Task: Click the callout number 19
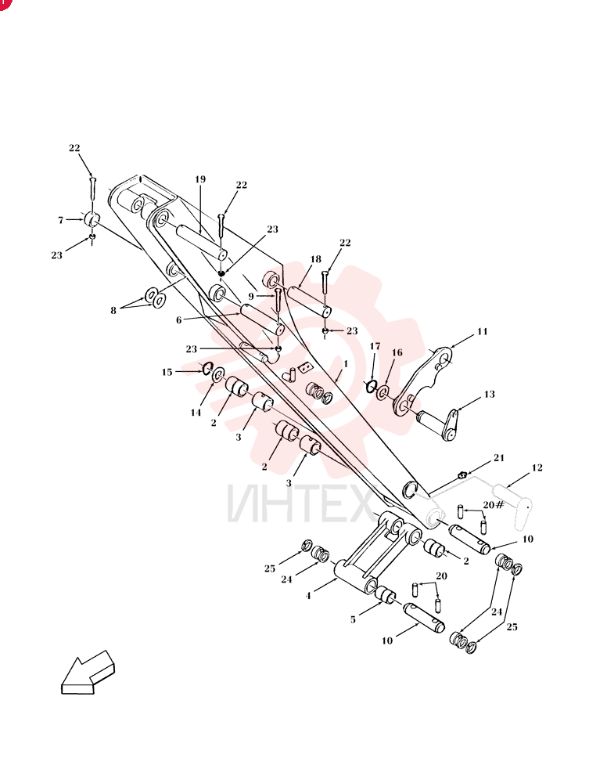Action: [200, 179]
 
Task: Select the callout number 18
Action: [316, 259]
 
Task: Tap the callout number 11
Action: [483, 331]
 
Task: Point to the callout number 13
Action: [490, 394]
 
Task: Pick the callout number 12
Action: [537, 468]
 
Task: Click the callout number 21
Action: [499, 458]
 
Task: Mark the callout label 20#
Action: [494, 505]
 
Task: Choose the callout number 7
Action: [61, 220]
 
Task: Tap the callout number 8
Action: [113, 311]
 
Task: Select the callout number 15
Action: [167, 373]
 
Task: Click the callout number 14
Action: [196, 413]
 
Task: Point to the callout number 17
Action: [375, 346]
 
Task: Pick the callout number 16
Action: [397, 353]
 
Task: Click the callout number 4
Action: [308, 596]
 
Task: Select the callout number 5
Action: [353, 619]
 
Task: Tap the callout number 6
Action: [179, 320]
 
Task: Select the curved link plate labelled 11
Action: [425, 380]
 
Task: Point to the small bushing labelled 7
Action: [92, 219]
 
